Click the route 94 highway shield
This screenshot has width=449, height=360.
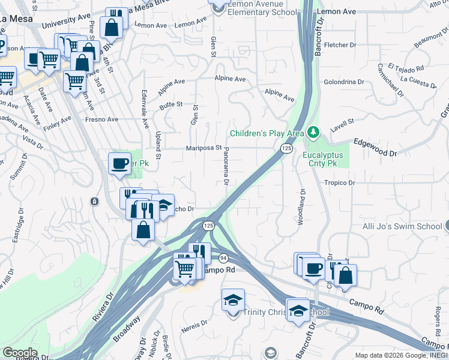(223, 257)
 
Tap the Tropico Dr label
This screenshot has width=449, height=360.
(340, 182)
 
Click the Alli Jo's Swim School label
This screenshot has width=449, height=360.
(405, 226)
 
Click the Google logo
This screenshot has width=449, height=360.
(20, 353)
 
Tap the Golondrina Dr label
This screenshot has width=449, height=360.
(344, 82)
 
